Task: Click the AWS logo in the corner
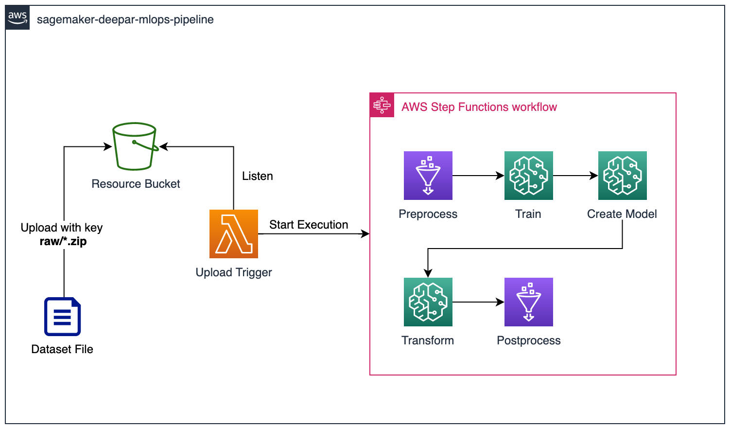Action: click(x=17, y=18)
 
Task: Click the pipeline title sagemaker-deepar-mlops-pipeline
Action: click(x=125, y=19)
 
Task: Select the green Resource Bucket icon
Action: click(x=136, y=146)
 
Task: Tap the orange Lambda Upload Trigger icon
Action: click(x=234, y=234)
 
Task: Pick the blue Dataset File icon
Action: click(x=63, y=317)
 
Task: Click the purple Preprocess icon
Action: click(x=428, y=176)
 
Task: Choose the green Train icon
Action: click(x=529, y=176)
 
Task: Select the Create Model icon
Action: click(x=623, y=176)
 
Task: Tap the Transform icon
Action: click(x=428, y=302)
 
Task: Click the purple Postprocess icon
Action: click(x=529, y=302)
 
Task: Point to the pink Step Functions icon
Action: click(x=382, y=105)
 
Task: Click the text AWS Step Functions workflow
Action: click(x=479, y=107)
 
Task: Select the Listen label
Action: click(x=258, y=176)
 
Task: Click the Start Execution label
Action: click(x=309, y=224)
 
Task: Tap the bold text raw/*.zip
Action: click(x=63, y=241)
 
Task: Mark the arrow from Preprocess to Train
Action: click(x=478, y=176)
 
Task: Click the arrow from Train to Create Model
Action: click(x=575, y=176)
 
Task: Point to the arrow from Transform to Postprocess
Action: click(x=478, y=302)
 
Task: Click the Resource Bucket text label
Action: click(x=136, y=184)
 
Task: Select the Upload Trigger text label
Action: click(x=234, y=272)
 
